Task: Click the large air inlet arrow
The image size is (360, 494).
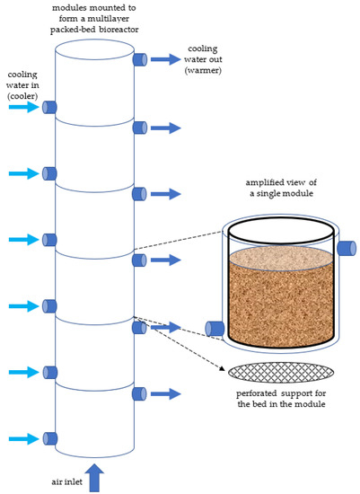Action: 96,473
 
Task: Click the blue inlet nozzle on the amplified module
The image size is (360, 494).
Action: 215,329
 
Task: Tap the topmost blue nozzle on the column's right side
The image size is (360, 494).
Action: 140,60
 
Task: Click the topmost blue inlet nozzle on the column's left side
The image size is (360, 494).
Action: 50,108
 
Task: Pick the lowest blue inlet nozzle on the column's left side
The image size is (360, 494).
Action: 50,439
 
